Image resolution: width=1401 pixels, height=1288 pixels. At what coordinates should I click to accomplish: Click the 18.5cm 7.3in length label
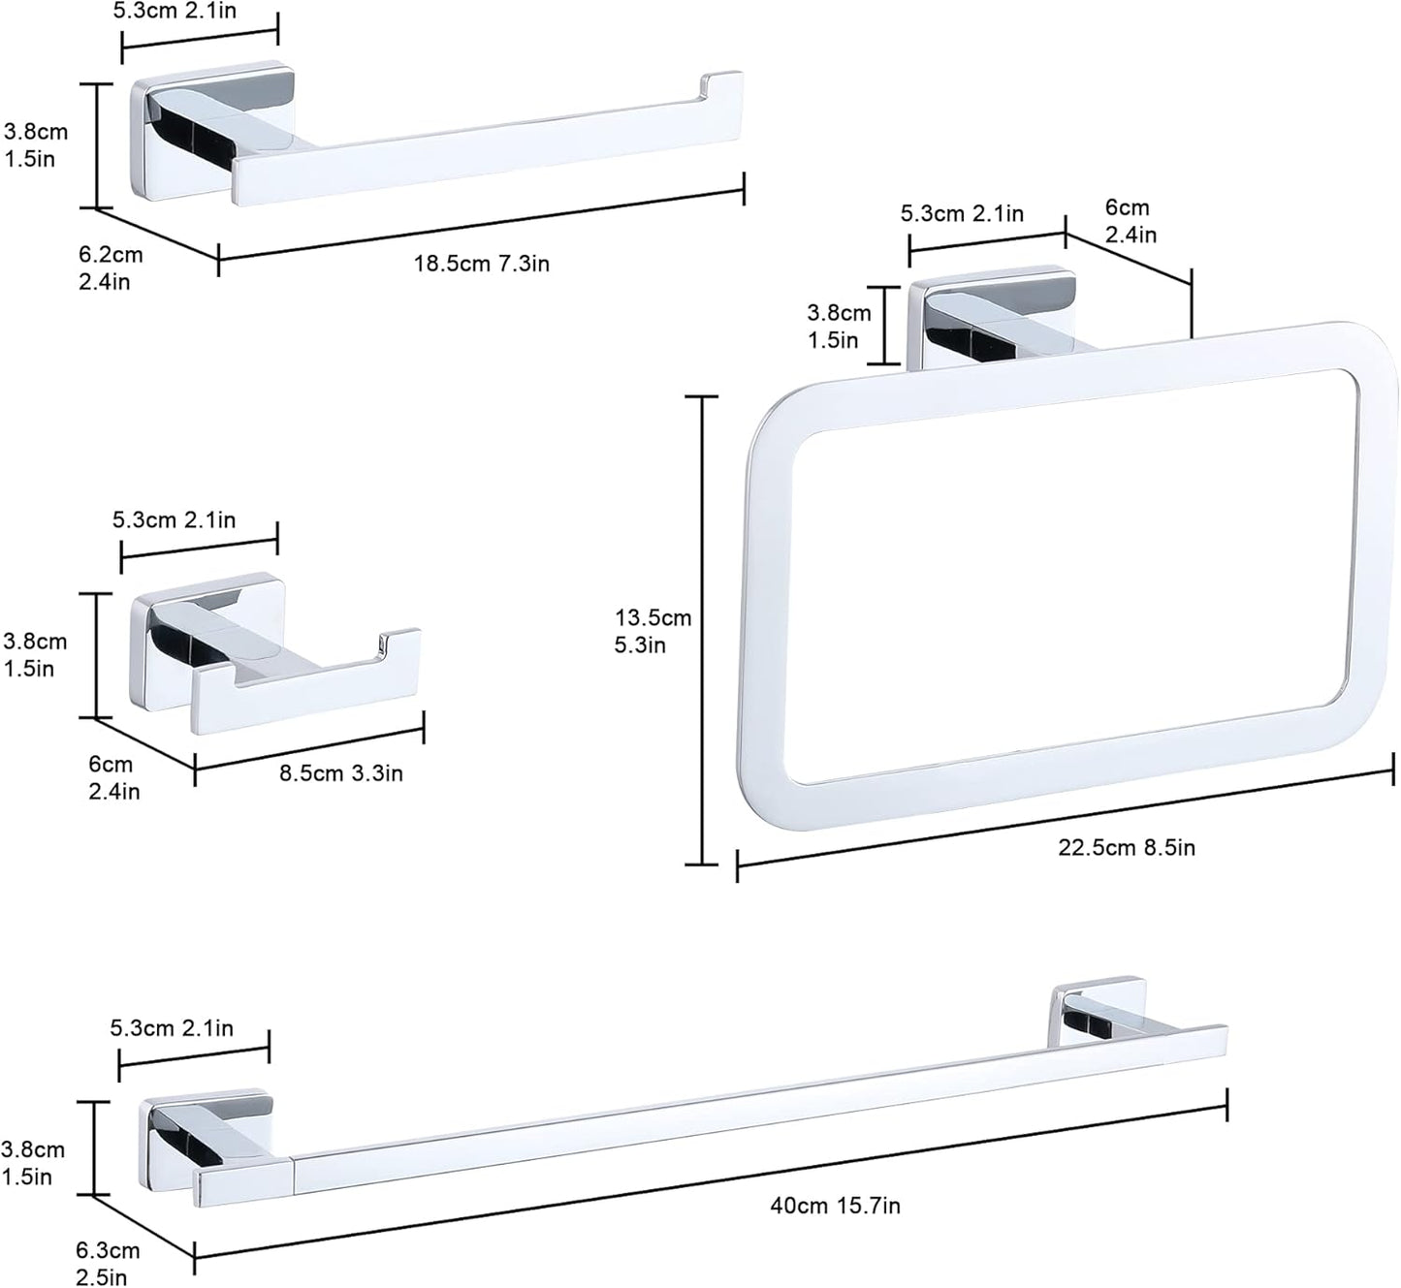[x=482, y=263]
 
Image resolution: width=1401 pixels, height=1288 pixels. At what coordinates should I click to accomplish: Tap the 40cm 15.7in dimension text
[x=835, y=1206]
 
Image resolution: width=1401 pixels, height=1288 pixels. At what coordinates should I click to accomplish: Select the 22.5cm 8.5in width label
[x=1126, y=848]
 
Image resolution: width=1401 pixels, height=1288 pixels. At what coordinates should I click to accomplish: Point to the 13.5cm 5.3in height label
[x=653, y=631]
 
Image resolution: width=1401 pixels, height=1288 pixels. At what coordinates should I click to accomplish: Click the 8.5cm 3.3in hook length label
[x=341, y=773]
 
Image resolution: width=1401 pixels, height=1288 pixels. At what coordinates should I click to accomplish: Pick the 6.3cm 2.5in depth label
[x=108, y=1264]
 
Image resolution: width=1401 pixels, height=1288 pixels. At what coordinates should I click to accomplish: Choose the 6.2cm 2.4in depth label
[x=111, y=268]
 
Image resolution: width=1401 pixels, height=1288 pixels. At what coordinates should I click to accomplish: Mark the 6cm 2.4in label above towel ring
[x=1130, y=221]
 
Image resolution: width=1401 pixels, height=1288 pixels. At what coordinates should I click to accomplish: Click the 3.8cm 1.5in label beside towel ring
[x=839, y=327]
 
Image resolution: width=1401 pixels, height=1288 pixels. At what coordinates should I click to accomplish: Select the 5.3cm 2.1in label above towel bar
[x=172, y=1028]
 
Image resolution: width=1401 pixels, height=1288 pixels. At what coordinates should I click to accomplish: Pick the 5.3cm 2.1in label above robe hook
[x=175, y=519]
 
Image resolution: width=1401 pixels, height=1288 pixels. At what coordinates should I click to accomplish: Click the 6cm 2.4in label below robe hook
[x=113, y=777]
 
